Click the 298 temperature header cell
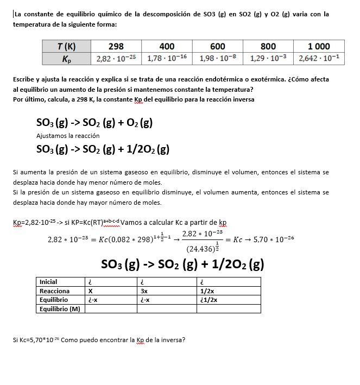coord(116,47)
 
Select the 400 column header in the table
coord(167,47)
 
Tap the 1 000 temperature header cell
coord(319,47)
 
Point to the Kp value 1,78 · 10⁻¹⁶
coord(167,58)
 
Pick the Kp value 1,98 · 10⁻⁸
coord(218,58)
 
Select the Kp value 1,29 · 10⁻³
coord(268,58)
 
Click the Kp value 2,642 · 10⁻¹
coord(319,58)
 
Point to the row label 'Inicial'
coord(49,282)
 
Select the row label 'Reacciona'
coord(55,291)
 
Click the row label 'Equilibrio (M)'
coord(60,309)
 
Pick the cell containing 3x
coord(144,291)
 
